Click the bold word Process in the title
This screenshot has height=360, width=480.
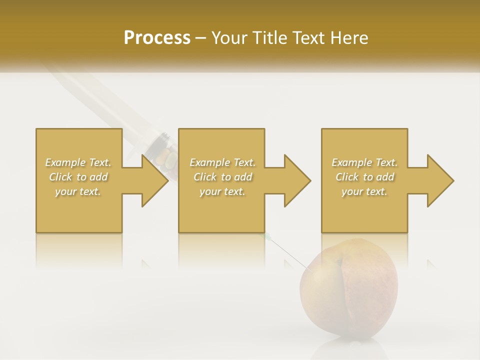click(157, 38)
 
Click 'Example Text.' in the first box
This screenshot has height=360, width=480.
click(78, 162)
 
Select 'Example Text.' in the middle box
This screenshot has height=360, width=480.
click(222, 162)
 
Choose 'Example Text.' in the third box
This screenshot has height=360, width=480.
click(364, 162)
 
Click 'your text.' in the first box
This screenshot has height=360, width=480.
click(78, 191)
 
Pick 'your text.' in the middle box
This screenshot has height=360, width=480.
click(222, 191)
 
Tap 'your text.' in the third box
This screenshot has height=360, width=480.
click(364, 191)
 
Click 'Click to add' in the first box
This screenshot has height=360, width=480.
click(78, 177)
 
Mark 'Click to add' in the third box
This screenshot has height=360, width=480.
click(364, 177)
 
